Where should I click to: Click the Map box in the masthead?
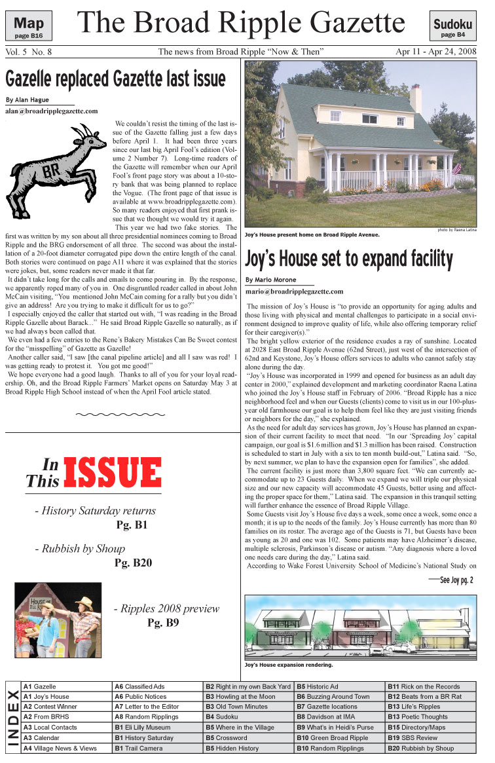[29, 26]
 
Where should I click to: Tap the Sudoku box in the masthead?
[452, 26]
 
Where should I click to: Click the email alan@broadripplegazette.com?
[51, 111]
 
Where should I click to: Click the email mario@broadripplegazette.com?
[294, 291]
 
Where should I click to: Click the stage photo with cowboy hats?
[58, 620]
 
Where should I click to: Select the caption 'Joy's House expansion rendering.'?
[288, 664]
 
